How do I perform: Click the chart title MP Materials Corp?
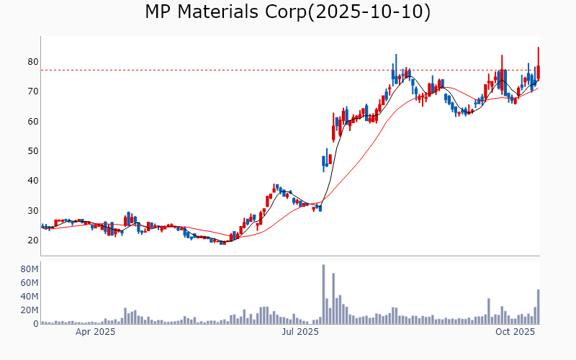coord(224,12)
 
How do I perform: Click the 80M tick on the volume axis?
coord(28,269)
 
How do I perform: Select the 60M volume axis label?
coord(28,283)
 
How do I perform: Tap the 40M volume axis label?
coord(28,297)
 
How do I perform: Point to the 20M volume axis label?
coord(28,310)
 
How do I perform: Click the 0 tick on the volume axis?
coord(34,324)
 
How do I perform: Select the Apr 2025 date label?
coord(96,332)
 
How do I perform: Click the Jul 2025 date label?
coord(300,332)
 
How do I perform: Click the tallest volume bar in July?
coord(323,294)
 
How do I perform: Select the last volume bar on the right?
coord(539,307)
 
